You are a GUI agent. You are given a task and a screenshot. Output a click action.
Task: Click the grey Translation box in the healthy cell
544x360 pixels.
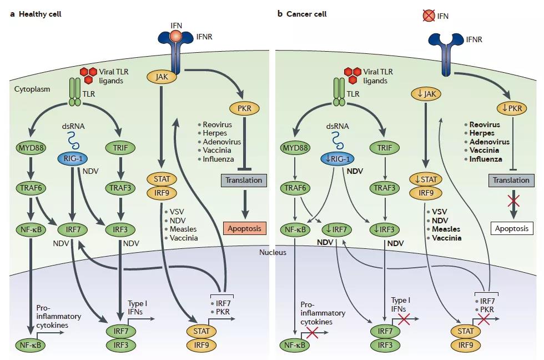243,180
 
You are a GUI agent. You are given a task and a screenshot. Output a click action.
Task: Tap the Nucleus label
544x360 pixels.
272,252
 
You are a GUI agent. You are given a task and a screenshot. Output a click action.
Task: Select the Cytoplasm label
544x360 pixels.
33,89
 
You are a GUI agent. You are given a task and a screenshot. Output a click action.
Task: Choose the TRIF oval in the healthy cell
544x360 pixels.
117,149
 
